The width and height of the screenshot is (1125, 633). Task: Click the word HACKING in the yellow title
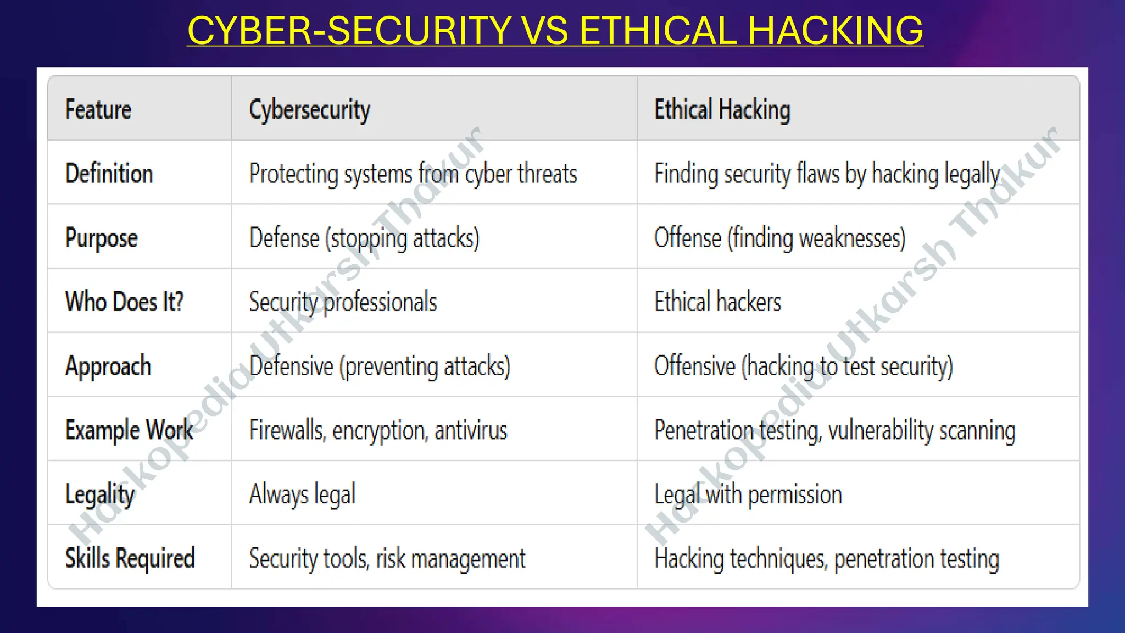tap(836, 30)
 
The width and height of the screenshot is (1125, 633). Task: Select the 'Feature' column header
tap(98, 109)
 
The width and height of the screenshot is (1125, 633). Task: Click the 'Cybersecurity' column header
tap(309, 110)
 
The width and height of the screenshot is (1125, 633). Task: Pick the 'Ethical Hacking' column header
tap(722, 109)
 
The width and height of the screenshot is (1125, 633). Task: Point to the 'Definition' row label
tap(109, 174)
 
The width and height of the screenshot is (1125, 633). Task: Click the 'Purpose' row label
tap(101, 238)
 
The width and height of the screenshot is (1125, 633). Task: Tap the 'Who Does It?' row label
tap(124, 302)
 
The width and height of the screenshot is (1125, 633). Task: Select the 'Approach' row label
tap(108, 367)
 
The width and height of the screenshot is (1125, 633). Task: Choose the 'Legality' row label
tap(99, 495)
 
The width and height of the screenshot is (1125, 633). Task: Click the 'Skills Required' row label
tap(130, 558)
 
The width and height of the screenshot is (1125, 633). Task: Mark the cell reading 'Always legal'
tap(302, 495)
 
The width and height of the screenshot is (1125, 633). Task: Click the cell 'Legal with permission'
tap(748, 495)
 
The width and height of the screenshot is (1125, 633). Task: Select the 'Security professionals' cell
tap(343, 302)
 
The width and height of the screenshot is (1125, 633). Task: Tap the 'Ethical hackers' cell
tap(717, 302)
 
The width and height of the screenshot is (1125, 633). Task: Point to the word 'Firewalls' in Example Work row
tap(287, 430)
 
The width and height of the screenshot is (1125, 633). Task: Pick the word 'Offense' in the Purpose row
tap(687, 238)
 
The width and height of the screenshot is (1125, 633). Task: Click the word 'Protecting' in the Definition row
tap(293, 174)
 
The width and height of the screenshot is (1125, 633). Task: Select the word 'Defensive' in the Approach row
tap(291, 366)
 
